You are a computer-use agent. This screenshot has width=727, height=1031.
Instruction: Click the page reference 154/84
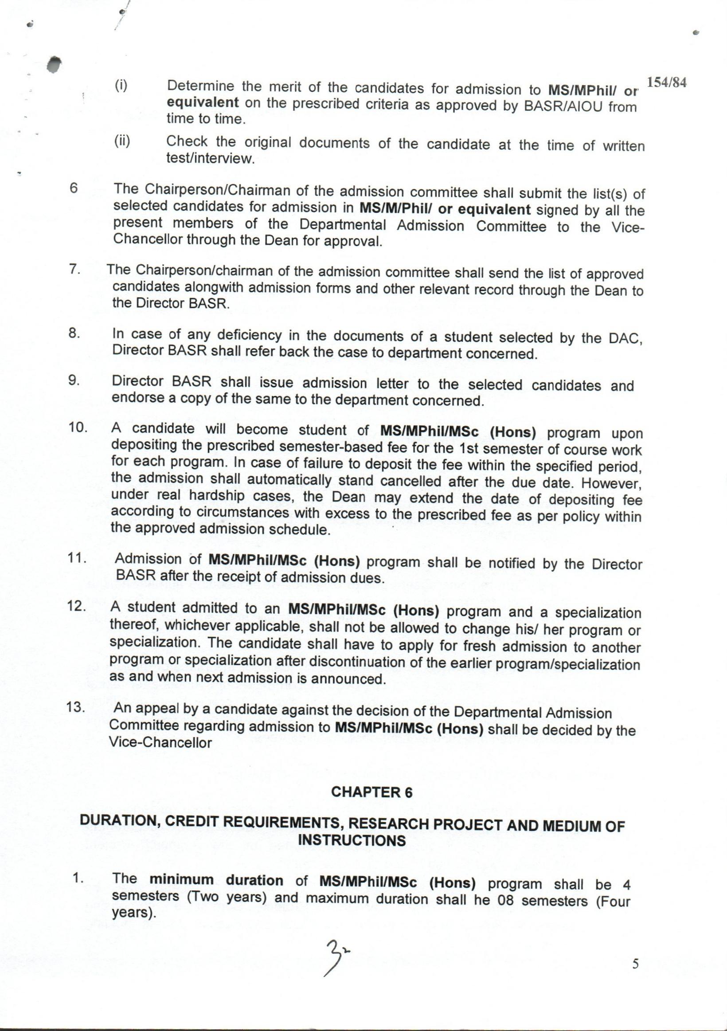(x=666, y=84)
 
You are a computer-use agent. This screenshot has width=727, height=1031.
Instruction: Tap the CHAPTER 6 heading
(x=371, y=792)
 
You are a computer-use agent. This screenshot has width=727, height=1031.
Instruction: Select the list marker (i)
(x=121, y=85)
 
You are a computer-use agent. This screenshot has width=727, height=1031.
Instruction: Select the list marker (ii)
(x=121, y=141)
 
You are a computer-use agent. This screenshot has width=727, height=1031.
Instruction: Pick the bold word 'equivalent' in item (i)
(x=203, y=102)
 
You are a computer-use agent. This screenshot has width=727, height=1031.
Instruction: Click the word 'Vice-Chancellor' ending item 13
(x=160, y=742)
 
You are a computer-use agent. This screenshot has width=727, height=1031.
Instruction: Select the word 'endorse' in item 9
(x=137, y=398)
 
